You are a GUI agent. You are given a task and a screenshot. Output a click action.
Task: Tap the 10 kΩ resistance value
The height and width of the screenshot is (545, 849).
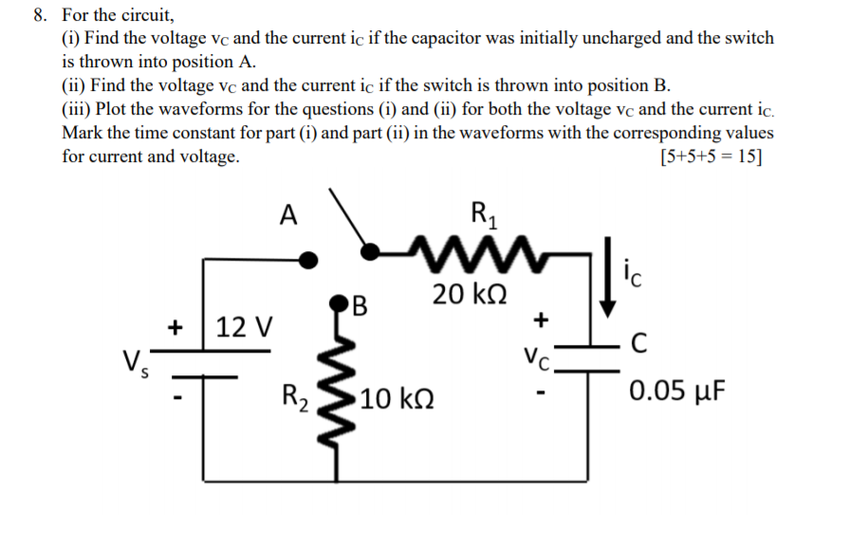click(397, 398)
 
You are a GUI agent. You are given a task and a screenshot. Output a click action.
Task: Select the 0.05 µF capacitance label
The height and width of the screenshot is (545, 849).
click(677, 391)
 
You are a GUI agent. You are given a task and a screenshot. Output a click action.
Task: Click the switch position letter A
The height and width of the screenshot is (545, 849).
click(289, 215)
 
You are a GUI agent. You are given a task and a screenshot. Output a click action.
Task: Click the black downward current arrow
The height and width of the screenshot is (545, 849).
click(608, 276)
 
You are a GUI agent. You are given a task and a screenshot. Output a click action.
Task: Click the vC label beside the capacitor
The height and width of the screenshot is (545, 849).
click(537, 358)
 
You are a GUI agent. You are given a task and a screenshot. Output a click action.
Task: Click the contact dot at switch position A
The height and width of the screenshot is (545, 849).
click(306, 258)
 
